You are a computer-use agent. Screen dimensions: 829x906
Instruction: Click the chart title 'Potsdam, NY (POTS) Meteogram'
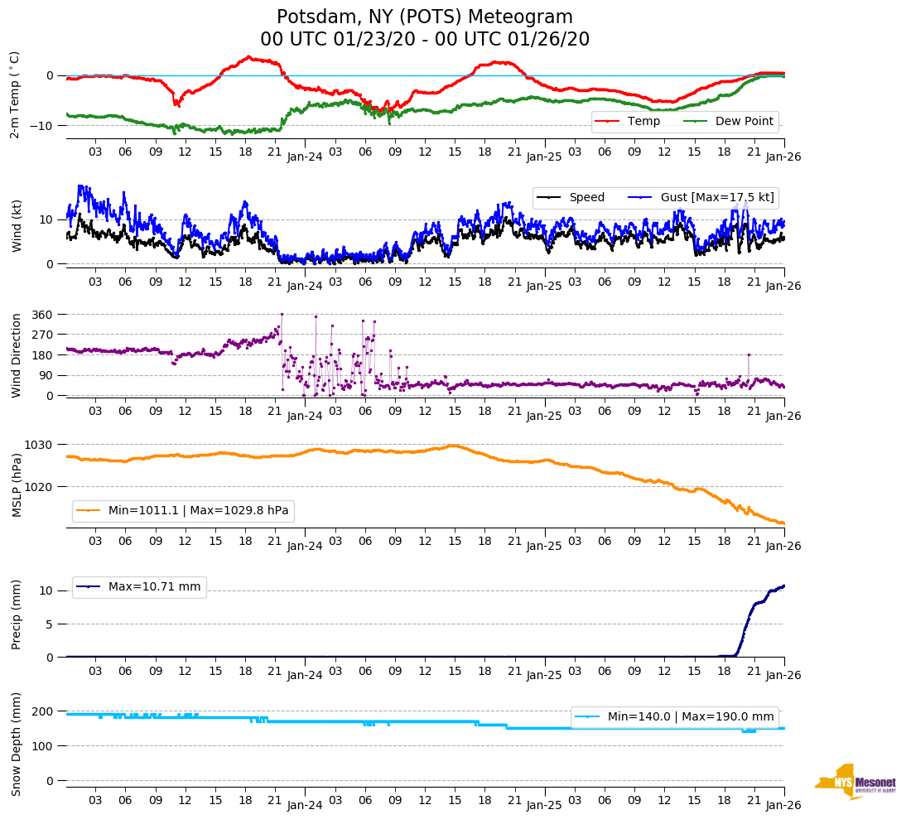click(424, 17)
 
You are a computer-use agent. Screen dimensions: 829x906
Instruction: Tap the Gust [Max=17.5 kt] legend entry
click(705, 198)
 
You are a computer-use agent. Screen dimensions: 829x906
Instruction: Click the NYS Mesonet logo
click(855, 782)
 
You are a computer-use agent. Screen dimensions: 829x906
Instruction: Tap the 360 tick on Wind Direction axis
click(42, 315)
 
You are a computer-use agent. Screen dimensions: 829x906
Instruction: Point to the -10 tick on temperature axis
click(42, 126)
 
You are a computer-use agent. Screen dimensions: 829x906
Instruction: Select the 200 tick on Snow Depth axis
click(42, 712)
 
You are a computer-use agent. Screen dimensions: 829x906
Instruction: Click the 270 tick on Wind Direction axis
click(42, 335)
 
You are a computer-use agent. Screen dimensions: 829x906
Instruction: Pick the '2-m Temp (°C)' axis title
click(15, 94)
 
